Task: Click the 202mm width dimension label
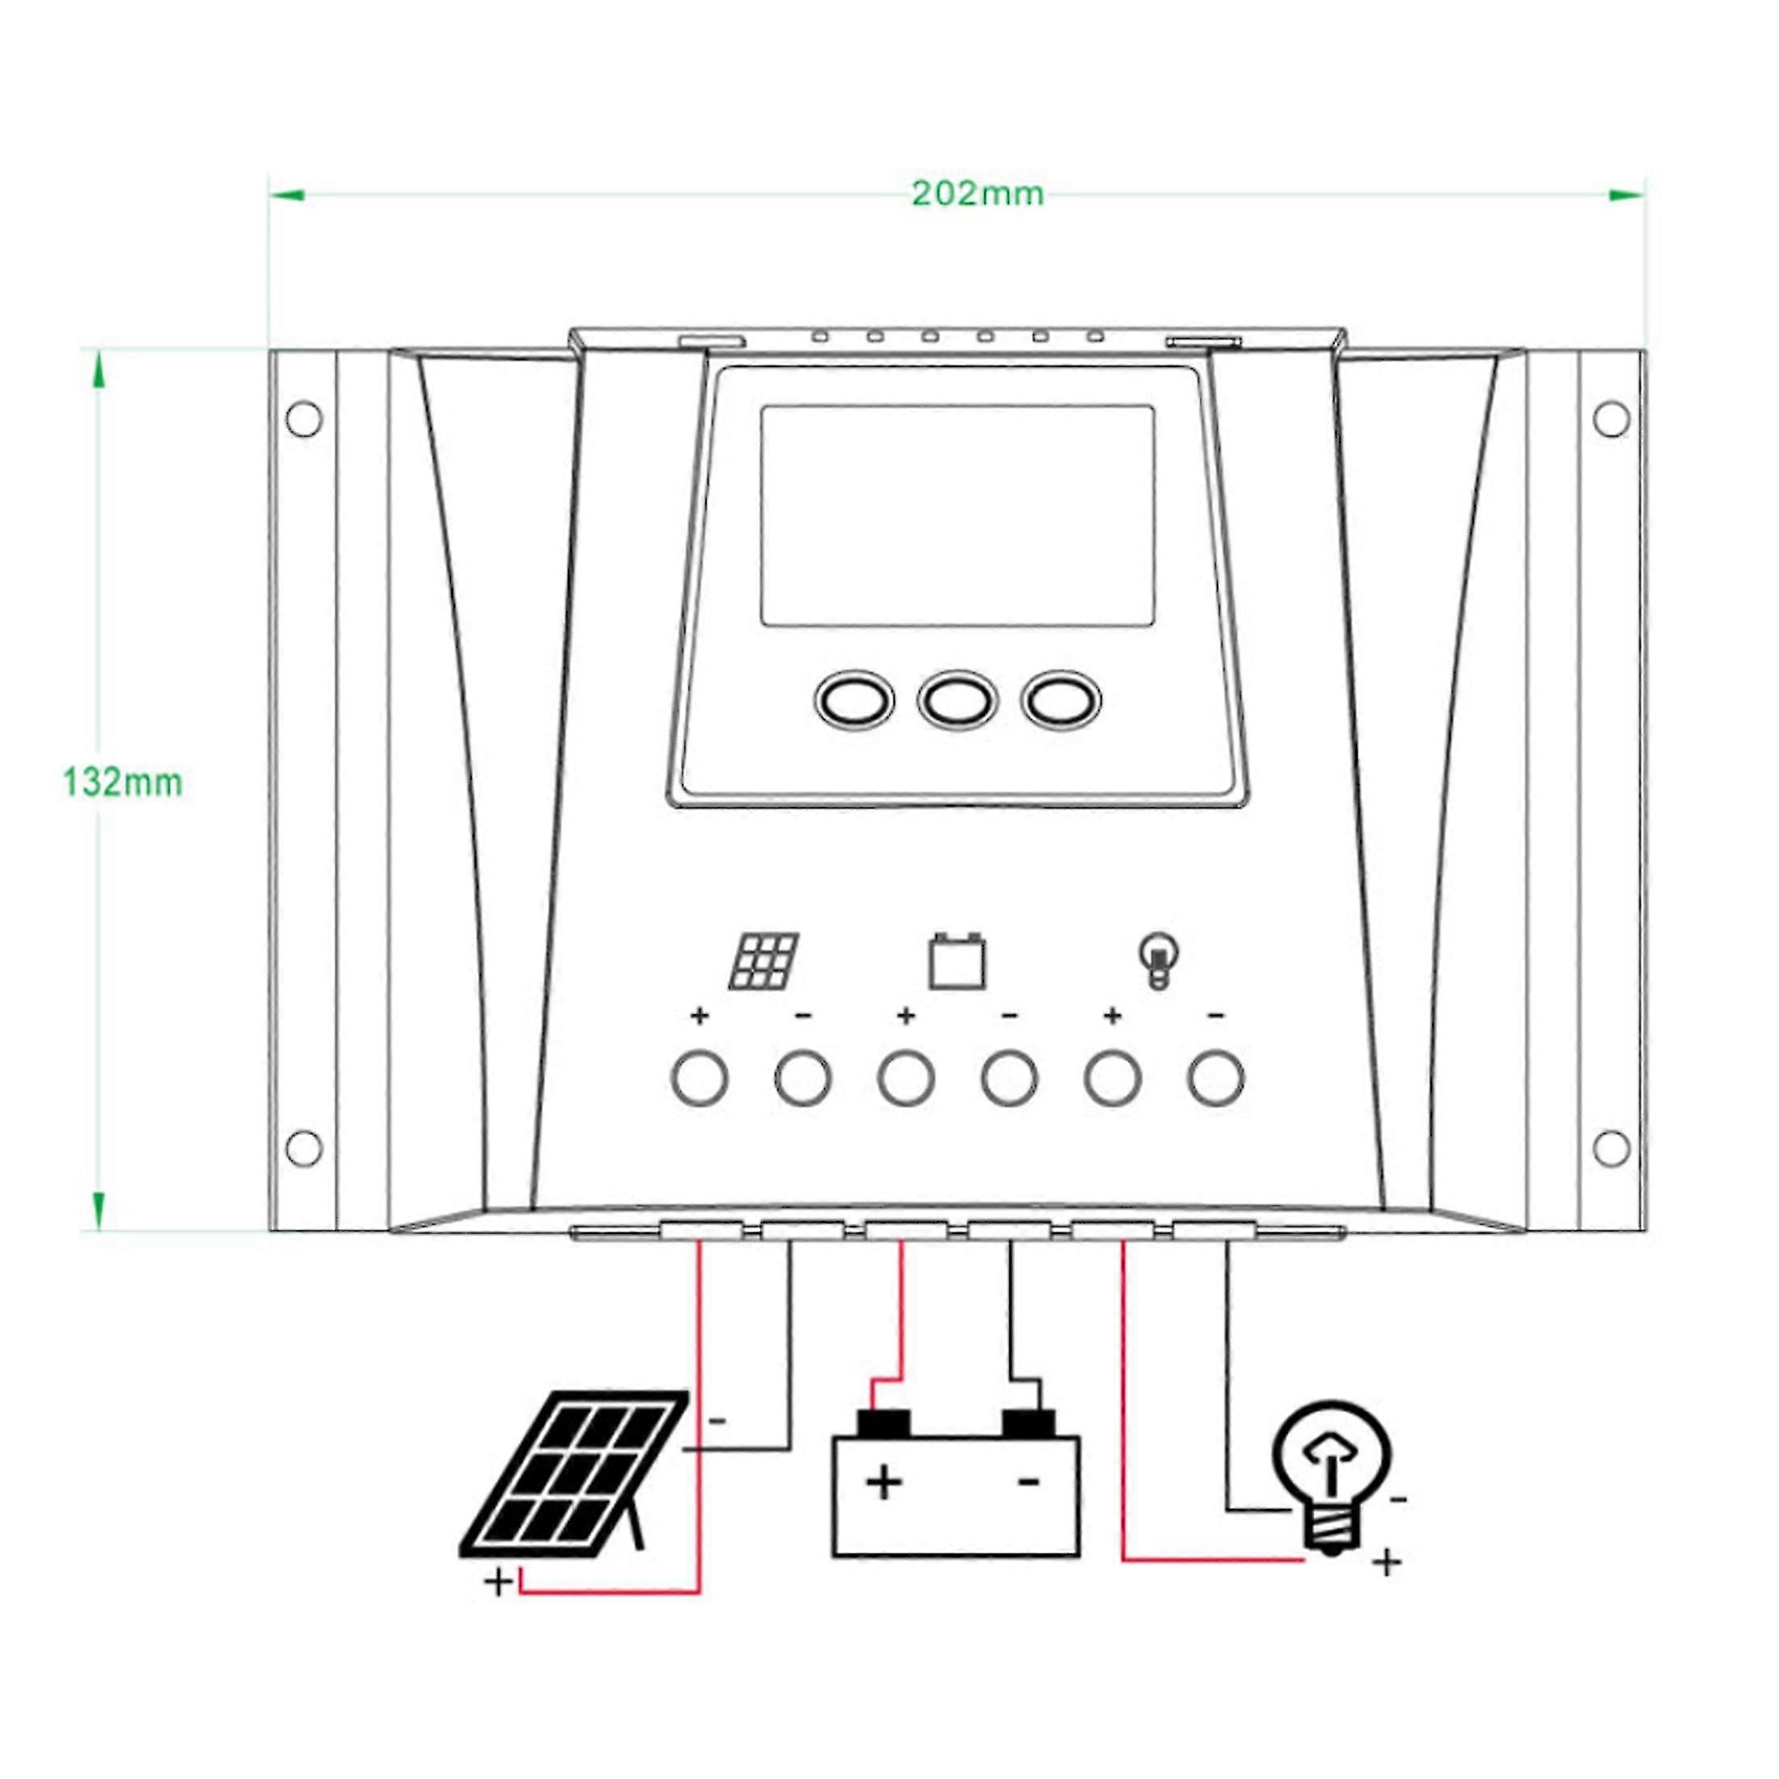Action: click(x=977, y=194)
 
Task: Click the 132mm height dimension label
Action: click(x=122, y=783)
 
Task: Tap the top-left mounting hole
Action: click(x=304, y=418)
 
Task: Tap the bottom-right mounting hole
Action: click(x=1611, y=1147)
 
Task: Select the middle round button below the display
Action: click(x=957, y=702)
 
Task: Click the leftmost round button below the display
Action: click(x=855, y=702)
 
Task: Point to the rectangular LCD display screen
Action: click(x=957, y=516)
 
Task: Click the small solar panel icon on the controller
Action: click(x=764, y=962)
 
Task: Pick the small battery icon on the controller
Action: click(x=957, y=962)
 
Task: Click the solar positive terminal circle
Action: click(x=699, y=1076)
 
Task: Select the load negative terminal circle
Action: click(x=1216, y=1076)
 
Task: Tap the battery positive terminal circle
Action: click(x=906, y=1076)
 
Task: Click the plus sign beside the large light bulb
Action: click(x=1387, y=1561)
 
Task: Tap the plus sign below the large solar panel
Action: click(x=498, y=1582)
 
